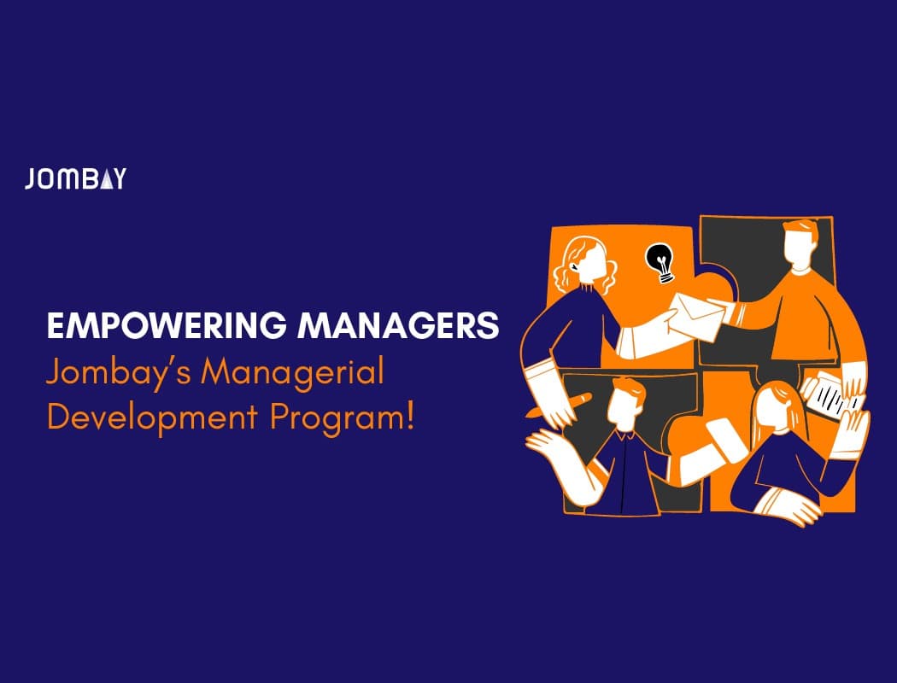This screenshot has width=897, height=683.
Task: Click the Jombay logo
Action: coord(75,178)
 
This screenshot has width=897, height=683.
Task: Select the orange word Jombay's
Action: coord(118,373)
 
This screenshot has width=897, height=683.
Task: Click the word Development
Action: coord(151,417)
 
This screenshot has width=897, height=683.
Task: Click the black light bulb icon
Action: coord(660,263)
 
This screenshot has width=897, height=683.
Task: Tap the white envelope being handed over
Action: coord(695,317)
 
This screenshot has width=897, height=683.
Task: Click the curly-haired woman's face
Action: coord(591,261)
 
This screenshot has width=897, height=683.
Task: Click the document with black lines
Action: coord(830,395)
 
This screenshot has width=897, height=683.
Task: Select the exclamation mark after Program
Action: coord(407,417)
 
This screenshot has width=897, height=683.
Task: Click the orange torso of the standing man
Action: coord(801,313)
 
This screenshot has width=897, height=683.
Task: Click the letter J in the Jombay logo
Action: coord(30,179)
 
